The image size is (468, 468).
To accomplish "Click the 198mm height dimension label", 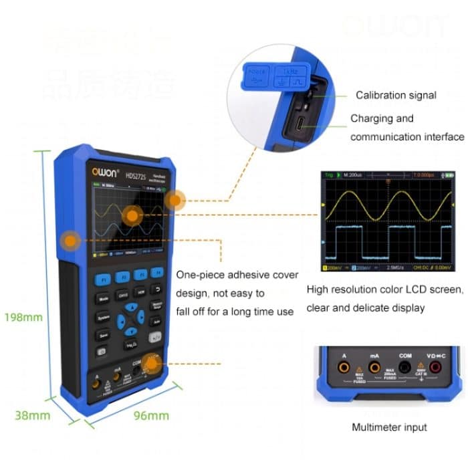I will pyautogui.click(x=23, y=316).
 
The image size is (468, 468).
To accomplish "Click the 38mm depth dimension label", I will pyautogui.click(x=33, y=415).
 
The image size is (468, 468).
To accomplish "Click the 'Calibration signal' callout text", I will pyautogui.click(x=396, y=96).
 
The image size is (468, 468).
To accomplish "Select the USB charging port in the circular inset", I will pyautogui.click(x=302, y=124).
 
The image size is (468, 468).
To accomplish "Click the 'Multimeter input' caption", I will pyautogui.click(x=388, y=427).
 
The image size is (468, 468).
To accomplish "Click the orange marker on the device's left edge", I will pyautogui.click(x=68, y=240).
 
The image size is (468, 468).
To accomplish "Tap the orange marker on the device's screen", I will pyautogui.click(x=132, y=215).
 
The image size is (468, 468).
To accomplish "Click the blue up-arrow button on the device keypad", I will pyautogui.click(x=134, y=309).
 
